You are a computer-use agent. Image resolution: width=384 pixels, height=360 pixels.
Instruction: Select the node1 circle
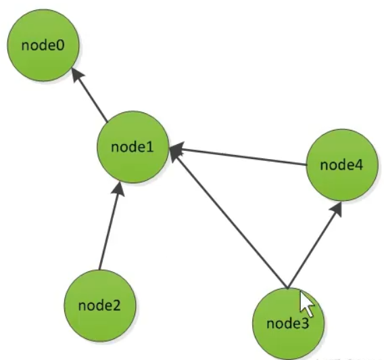click(133, 148)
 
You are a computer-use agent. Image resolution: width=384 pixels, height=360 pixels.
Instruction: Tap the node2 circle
click(99, 304)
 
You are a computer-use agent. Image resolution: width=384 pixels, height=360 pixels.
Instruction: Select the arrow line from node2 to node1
click(109, 228)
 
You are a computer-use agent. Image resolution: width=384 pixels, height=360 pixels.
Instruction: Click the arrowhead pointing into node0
click(78, 73)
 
